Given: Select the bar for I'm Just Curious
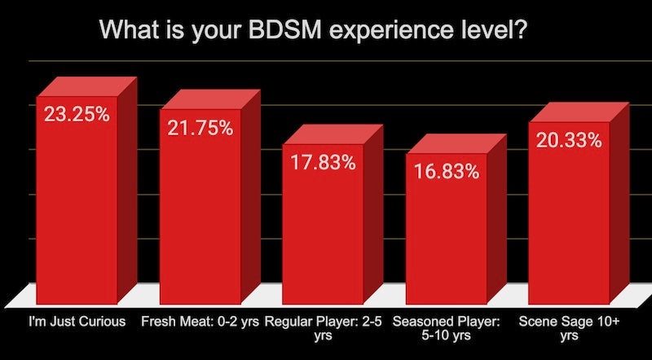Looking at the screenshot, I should click(76, 212).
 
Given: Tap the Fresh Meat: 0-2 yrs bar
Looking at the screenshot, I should click(200, 220).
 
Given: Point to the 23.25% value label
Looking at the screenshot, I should click(77, 114).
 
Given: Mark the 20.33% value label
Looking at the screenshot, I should click(569, 140).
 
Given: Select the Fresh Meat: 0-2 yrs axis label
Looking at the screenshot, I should click(200, 321).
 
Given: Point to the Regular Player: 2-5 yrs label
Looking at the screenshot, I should click(323, 327).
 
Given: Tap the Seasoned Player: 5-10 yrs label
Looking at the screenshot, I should click(446, 327).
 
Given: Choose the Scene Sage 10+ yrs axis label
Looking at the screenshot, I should click(569, 327).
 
